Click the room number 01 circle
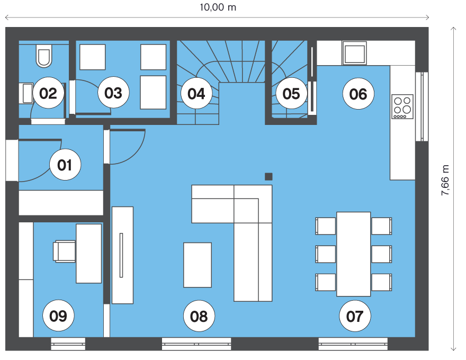pyautogui.click(x=65, y=165)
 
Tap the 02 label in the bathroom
pyautogui.click(x=48, y=93)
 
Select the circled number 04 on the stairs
pyautogui.click(x=196, y=93)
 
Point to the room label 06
pyautogui.click(x=358, y=94)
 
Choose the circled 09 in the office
pyautogui.click(x=58, y=316)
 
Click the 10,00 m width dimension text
pyautogui.click(x=218, y=7)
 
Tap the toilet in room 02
pyautogui.click(x=44, y=56)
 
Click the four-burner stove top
pyautogui.click(x=402, y=106)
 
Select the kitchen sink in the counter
pyautogui.click(x=355, y=53)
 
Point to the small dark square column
pyautogui.click(x=268, y=177)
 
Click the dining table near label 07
pyautogui.click(x=353, y=254)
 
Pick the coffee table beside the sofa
pyautogui.click(x=198, y=265)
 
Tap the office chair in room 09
pyautogui.click(x=64, y=251)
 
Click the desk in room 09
pyautogui.click(x=89, y=254)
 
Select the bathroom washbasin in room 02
pyautogui.click(x=28, y=93)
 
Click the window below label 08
pyautogui.click(x=196, y=344)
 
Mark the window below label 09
pyautogui.click(x=68, y=344)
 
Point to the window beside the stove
pyautogui.click(x=422, y=106)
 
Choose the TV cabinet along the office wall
pyautogui.click(x=122, y=255)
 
